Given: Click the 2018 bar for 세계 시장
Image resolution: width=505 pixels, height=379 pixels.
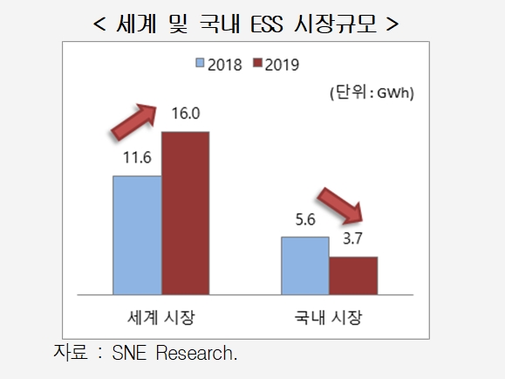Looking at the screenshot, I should point(137,234).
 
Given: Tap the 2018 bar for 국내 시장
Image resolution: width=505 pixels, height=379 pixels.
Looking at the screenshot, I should point(305,264).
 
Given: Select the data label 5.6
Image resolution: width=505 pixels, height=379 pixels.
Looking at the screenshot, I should point(305,221).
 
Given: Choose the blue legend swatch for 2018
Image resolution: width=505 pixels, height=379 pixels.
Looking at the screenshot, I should point(201,64).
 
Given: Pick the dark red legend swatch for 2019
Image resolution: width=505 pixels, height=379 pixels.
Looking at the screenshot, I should point(256,64).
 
